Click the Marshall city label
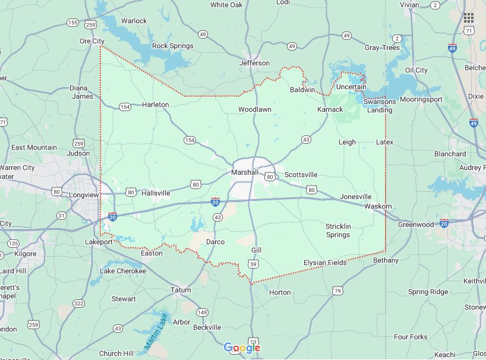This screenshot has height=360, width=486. pyautogui.click(x=245, y=172)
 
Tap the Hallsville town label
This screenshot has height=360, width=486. pyautogui.click(x=156, y=193)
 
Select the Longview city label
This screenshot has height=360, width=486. pyautogui.click(x=84, y=194)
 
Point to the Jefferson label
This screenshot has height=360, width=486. pyautogui.click(x=254, y=63)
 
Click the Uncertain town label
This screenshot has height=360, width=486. pyautogui.click(x=351, y=87)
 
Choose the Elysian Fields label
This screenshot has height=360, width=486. pyautogui.click(x=325, y=263)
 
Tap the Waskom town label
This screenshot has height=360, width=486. pyautogui.click(x=378, y=206)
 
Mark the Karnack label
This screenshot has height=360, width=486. pyautogui.click(x=330, y=109)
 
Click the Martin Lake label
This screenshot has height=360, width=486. pyautogui.click(x=156, y=330)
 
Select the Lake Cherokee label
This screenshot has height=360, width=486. pyautogui.click(x=123, y=271)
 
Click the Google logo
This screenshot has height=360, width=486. pyautogui.click(x=241, y=348)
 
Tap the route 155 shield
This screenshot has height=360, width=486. pyautogui.click(x=72, y=23)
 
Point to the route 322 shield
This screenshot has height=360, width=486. pyautogui.click(x=78, y=303)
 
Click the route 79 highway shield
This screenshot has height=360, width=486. pyautogui.click(x=337, y=290)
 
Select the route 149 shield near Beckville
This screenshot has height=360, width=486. pyautogui.click(x=203, y=312)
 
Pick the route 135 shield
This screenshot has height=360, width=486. pyautogui.click(x=13, y=244)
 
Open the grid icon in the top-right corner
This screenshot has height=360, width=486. pyautogui.click(x=469, y=18)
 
